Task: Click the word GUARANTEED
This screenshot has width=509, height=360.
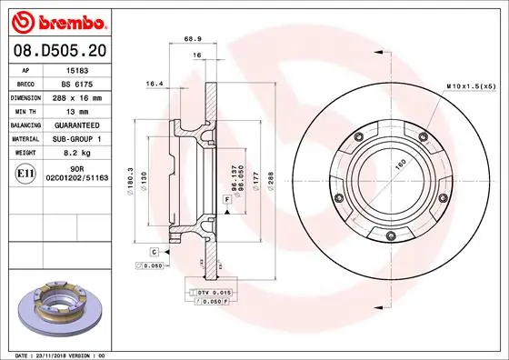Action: coord(84,124)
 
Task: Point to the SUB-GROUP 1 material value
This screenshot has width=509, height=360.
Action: coord(84,137)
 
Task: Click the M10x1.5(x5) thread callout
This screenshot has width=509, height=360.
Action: coord(470,85)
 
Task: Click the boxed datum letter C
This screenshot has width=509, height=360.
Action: coord(155,250)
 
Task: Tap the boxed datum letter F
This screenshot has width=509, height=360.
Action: coord(225,198)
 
